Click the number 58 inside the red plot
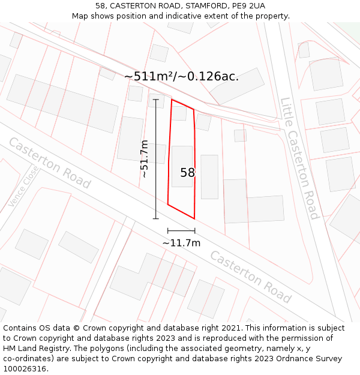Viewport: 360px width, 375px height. click(x=188, y=173)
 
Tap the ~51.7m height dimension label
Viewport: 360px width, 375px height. click(x=144, y=158)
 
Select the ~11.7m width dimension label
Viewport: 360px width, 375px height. click(x=181, y=243)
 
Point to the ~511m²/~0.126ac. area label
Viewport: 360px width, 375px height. click(x=181, y=76)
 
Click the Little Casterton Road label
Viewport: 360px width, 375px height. click(x=299, y=158)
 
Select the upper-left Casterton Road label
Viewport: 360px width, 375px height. click(x=49, y=163)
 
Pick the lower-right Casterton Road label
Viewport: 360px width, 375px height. click(x=251, y=277)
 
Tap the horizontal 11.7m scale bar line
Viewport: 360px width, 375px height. click(x=181, y=230)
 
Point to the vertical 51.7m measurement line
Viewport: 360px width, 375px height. click(x=156, y=158)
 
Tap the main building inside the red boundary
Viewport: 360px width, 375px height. click(x=182, y=166)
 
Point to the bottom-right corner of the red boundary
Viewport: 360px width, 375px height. click(x=194, y=218)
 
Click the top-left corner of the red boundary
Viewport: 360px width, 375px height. click(x=172, y=100)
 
